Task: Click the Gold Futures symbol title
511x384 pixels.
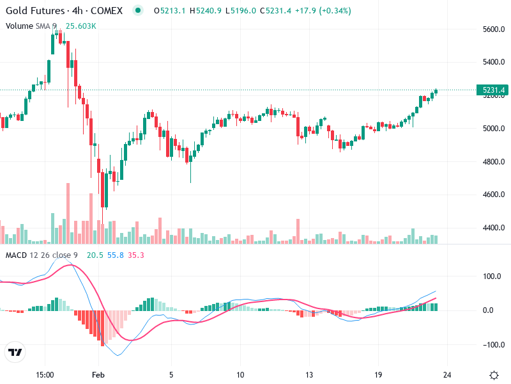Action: click(36, 12)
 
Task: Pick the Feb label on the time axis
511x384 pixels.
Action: click(97, 375)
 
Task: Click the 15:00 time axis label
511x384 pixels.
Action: click(45, 375)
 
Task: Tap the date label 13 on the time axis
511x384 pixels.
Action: click(309, 375)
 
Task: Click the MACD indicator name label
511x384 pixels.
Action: click(16, 255)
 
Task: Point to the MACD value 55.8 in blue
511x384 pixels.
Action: click(116, 255)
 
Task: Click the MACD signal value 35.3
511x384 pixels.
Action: click(136, 255)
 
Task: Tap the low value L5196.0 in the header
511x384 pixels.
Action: click(242, 12)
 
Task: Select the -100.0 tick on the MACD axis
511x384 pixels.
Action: click(491, 345)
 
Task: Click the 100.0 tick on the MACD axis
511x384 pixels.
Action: click(491, 276)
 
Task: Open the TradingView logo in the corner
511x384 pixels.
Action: click(15, 353)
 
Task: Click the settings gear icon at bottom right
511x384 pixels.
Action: click(494, 375)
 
